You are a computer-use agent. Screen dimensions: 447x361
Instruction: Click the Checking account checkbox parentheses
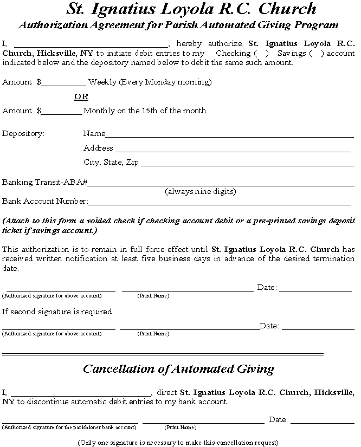[260, 54]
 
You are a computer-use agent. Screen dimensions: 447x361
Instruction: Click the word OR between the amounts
[81, 96]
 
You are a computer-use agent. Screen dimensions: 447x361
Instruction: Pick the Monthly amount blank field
[61, 112]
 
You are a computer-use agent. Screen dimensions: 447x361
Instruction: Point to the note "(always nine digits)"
[201, 192]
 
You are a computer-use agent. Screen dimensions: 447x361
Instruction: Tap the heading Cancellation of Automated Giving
[178, 369]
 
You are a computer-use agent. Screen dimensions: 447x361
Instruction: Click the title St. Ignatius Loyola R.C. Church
[191, 9]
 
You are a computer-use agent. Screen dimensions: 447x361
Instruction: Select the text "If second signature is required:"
[58, 312]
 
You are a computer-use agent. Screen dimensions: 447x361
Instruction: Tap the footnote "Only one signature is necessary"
[178, 442]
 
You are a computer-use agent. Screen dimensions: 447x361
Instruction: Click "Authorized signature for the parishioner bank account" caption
[69, 427]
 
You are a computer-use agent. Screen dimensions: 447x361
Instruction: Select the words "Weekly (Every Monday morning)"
[150, 82]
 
